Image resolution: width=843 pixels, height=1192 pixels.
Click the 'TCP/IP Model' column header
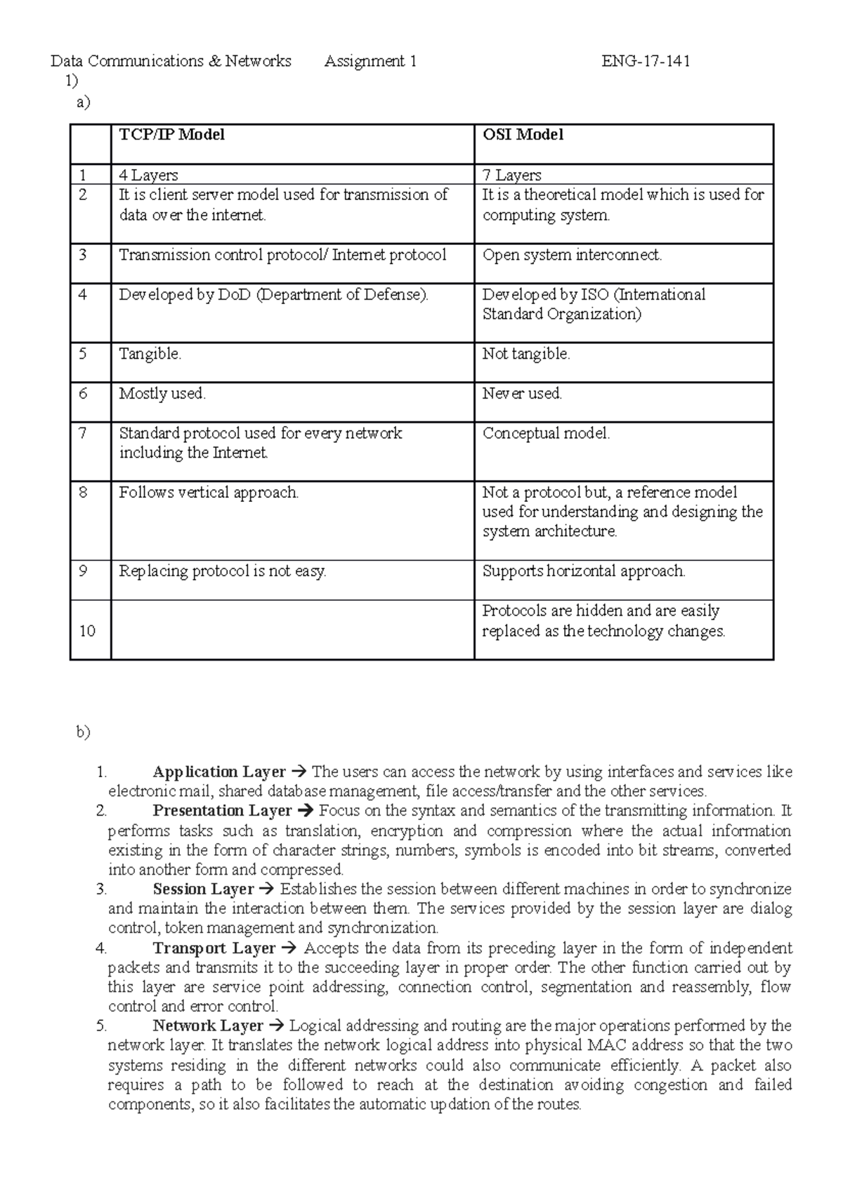(171, 135)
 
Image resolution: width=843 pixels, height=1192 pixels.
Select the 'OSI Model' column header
(523, 135)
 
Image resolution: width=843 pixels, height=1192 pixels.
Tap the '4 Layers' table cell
(148, 175)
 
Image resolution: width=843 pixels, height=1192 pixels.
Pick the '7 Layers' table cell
(511, 175)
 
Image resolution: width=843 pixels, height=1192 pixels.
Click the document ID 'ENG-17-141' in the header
(646, 61)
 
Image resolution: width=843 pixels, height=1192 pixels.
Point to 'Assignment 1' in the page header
(370, 61)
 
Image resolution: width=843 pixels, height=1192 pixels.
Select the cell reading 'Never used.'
(522, 394)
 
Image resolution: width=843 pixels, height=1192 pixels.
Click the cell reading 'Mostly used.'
(162, 394)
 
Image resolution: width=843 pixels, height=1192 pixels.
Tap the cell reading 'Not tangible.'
(525, 355)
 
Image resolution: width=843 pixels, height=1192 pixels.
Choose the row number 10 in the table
(87, 631)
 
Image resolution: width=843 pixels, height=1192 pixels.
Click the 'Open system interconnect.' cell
(572, 255)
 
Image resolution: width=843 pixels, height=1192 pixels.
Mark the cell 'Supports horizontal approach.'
(583, 571)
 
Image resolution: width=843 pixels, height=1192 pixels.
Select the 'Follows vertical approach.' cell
(209, 493)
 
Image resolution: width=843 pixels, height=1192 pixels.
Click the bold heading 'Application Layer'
(219, 772)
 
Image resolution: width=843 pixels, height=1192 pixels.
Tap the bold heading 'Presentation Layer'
(222, 811)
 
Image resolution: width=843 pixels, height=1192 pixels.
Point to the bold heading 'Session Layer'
(203, 889)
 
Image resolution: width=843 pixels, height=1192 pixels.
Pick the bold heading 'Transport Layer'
(214, 948)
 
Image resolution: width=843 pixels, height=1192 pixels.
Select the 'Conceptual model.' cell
(546, 434)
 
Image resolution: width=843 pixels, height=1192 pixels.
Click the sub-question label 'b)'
(84, 732)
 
